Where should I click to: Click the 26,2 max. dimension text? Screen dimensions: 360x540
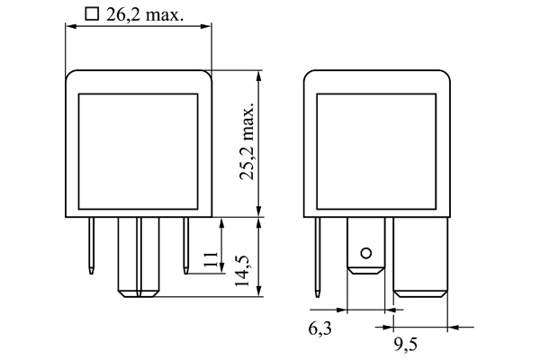149,13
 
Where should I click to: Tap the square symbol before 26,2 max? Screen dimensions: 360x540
90,13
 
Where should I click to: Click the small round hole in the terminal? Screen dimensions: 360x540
365,252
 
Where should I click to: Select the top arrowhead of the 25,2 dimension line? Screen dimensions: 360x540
259,74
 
